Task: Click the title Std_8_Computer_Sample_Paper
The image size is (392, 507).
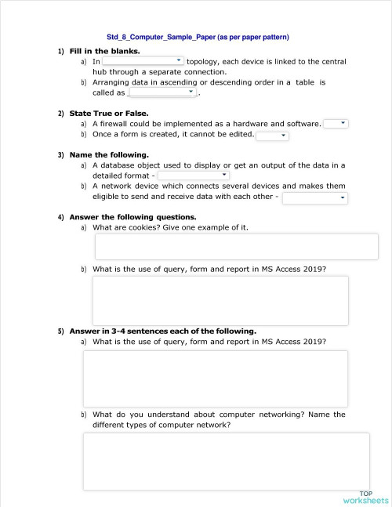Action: point(198,37)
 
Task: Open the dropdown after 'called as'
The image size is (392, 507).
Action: point(162,92)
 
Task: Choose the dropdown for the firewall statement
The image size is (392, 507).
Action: point(336,123)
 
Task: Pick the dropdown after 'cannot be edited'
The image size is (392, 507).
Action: point(272,135)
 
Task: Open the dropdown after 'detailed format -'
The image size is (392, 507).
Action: point(194,176)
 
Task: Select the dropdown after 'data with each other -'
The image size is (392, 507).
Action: point(314,197)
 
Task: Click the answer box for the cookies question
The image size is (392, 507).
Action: point(236,246)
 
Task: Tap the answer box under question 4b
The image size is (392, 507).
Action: point(220,300)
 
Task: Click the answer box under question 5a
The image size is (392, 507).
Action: point(216,378)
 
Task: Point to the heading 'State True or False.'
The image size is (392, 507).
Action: point(109,113)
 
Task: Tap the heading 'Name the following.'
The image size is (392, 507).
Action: point(109,154)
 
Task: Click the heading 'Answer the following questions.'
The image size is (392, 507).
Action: point(132,216)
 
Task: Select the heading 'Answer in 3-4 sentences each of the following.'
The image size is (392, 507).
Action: point(162,331)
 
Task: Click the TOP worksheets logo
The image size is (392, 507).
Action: point(365,497)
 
